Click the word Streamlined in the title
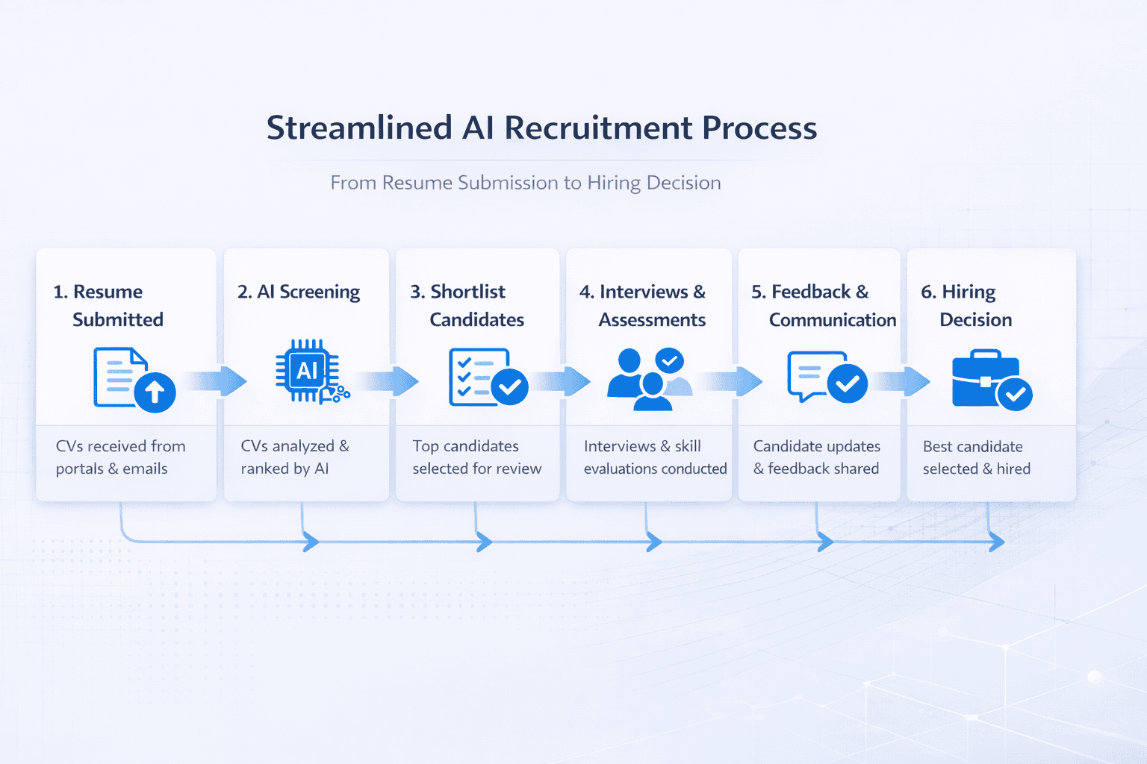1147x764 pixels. [359, 128]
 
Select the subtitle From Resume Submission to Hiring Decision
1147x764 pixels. [526, 183]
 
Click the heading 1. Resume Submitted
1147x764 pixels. [108, 305]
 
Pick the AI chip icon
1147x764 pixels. [307, 371]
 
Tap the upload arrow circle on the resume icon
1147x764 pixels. [155, 391]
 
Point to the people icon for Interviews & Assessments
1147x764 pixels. [646, 379]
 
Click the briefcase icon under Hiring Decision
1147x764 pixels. [986, 379]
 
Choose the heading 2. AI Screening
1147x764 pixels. [299, 292]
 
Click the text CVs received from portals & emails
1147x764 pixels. [120, 457]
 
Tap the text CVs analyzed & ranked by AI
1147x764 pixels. [294, 457]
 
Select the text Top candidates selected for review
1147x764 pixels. [476, 457]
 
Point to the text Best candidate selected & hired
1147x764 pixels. [976, 457]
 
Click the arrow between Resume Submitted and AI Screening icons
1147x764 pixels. [218, 381]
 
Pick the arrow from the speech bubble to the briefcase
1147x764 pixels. [901, 381]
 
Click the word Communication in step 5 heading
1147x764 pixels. [833, 320]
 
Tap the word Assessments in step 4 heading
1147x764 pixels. [652, 320]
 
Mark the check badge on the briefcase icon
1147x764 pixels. [1015, 394]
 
